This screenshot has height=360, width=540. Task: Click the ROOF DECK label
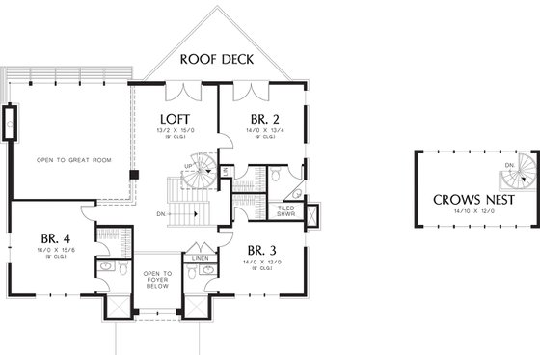tap(217, 59)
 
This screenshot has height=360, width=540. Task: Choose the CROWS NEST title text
tap(472, 200)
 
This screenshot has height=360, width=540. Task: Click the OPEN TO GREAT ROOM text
tap(70, 160)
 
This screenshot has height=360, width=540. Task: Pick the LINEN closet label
tap(200, 259)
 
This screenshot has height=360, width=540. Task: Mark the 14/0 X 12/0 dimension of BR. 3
tap(262, 261)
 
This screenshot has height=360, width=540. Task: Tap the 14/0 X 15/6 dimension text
tap(53, 252)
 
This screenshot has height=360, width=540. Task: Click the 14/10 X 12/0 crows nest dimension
tap(472, 213)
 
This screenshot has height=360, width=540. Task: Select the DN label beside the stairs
tap(164, 215)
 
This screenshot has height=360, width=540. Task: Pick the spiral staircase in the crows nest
tap(521, 171)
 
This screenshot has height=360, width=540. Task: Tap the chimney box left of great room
tap(10, 125)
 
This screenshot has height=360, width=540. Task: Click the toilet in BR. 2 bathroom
tap(275, 176)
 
